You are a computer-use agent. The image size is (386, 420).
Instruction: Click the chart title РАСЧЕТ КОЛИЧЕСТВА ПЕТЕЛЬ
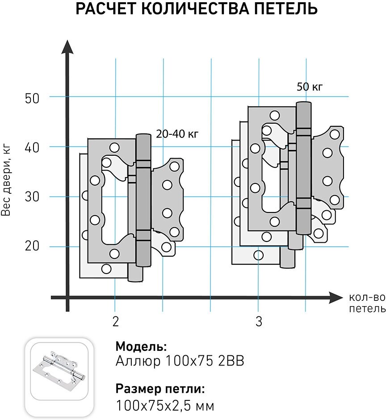(x=197, y=9)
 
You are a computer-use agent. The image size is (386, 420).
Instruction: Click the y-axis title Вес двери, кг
(x=6, y=179)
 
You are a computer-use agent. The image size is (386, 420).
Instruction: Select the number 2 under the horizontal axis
(x=116, y=322)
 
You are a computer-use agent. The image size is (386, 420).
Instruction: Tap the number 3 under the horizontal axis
(x=259, y=322)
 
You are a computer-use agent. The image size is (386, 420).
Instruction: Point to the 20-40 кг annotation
(x=176, y=133)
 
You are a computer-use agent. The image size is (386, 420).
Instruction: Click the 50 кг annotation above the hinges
(x=309, y=87)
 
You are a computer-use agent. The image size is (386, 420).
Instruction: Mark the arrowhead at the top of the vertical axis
(x=67, y=46)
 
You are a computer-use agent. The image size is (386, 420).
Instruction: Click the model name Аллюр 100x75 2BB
(x=180, y=361)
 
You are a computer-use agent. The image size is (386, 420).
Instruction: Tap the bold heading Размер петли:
(x=160, y=389)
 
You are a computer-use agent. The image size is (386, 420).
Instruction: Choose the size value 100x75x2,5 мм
(x=165, y=406)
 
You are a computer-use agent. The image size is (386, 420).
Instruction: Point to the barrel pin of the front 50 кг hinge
(x=304, y=167)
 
